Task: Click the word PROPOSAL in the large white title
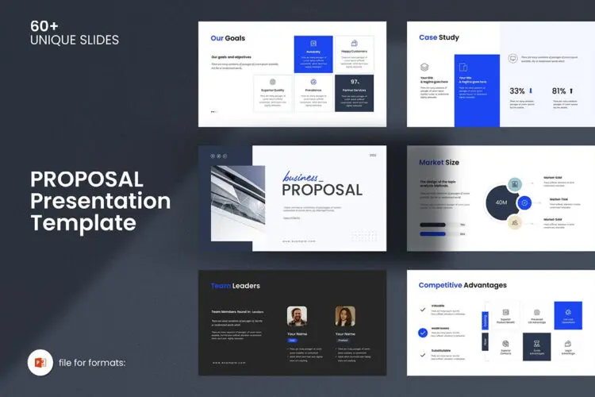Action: click(x=86, y=179)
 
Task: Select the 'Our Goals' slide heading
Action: click(x=228, y=38)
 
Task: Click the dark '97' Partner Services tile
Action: click(x=354, y=93)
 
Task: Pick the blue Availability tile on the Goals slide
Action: click(x=313, y=54)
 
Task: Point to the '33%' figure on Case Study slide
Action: click(x=517, y=91)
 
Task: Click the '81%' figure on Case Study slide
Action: click(x=559, y=91)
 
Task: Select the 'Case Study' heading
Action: click(x=439, y=37)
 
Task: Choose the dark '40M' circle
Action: click(x=501, y=202)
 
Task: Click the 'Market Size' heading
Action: click(x=439, y=163)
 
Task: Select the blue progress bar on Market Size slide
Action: click(x=432, y=225)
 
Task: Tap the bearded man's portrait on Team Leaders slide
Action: click(x=297, y=318)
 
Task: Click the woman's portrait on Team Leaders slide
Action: click(x=345, y=318)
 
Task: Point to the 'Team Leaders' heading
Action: click(x=235, y=286)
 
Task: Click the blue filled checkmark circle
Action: click(x=423, y=332)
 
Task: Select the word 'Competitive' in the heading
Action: click(x=440, y=285)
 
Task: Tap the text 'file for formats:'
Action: click(x=92, y=364)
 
